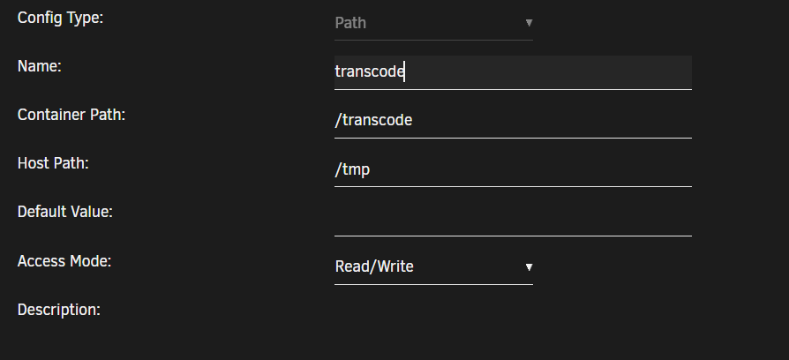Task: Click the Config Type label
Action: tap(60, 19)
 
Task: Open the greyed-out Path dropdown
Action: tap(433, 23)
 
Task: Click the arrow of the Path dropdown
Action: tap(529, 23)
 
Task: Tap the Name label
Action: tap(39, 66)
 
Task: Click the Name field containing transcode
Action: tap(514, 72)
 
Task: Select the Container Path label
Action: tap(71, 115)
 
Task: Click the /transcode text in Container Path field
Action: tap(374, 120)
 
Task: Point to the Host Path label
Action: tap(53, 163)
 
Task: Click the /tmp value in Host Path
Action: tap(352, 170)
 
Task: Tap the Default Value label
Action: tap(65, 212)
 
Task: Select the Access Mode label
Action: tap(64, 261)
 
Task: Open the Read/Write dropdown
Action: tap(433, 267)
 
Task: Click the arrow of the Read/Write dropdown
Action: tap(529, 267)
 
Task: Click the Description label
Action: tap(59, 310)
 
